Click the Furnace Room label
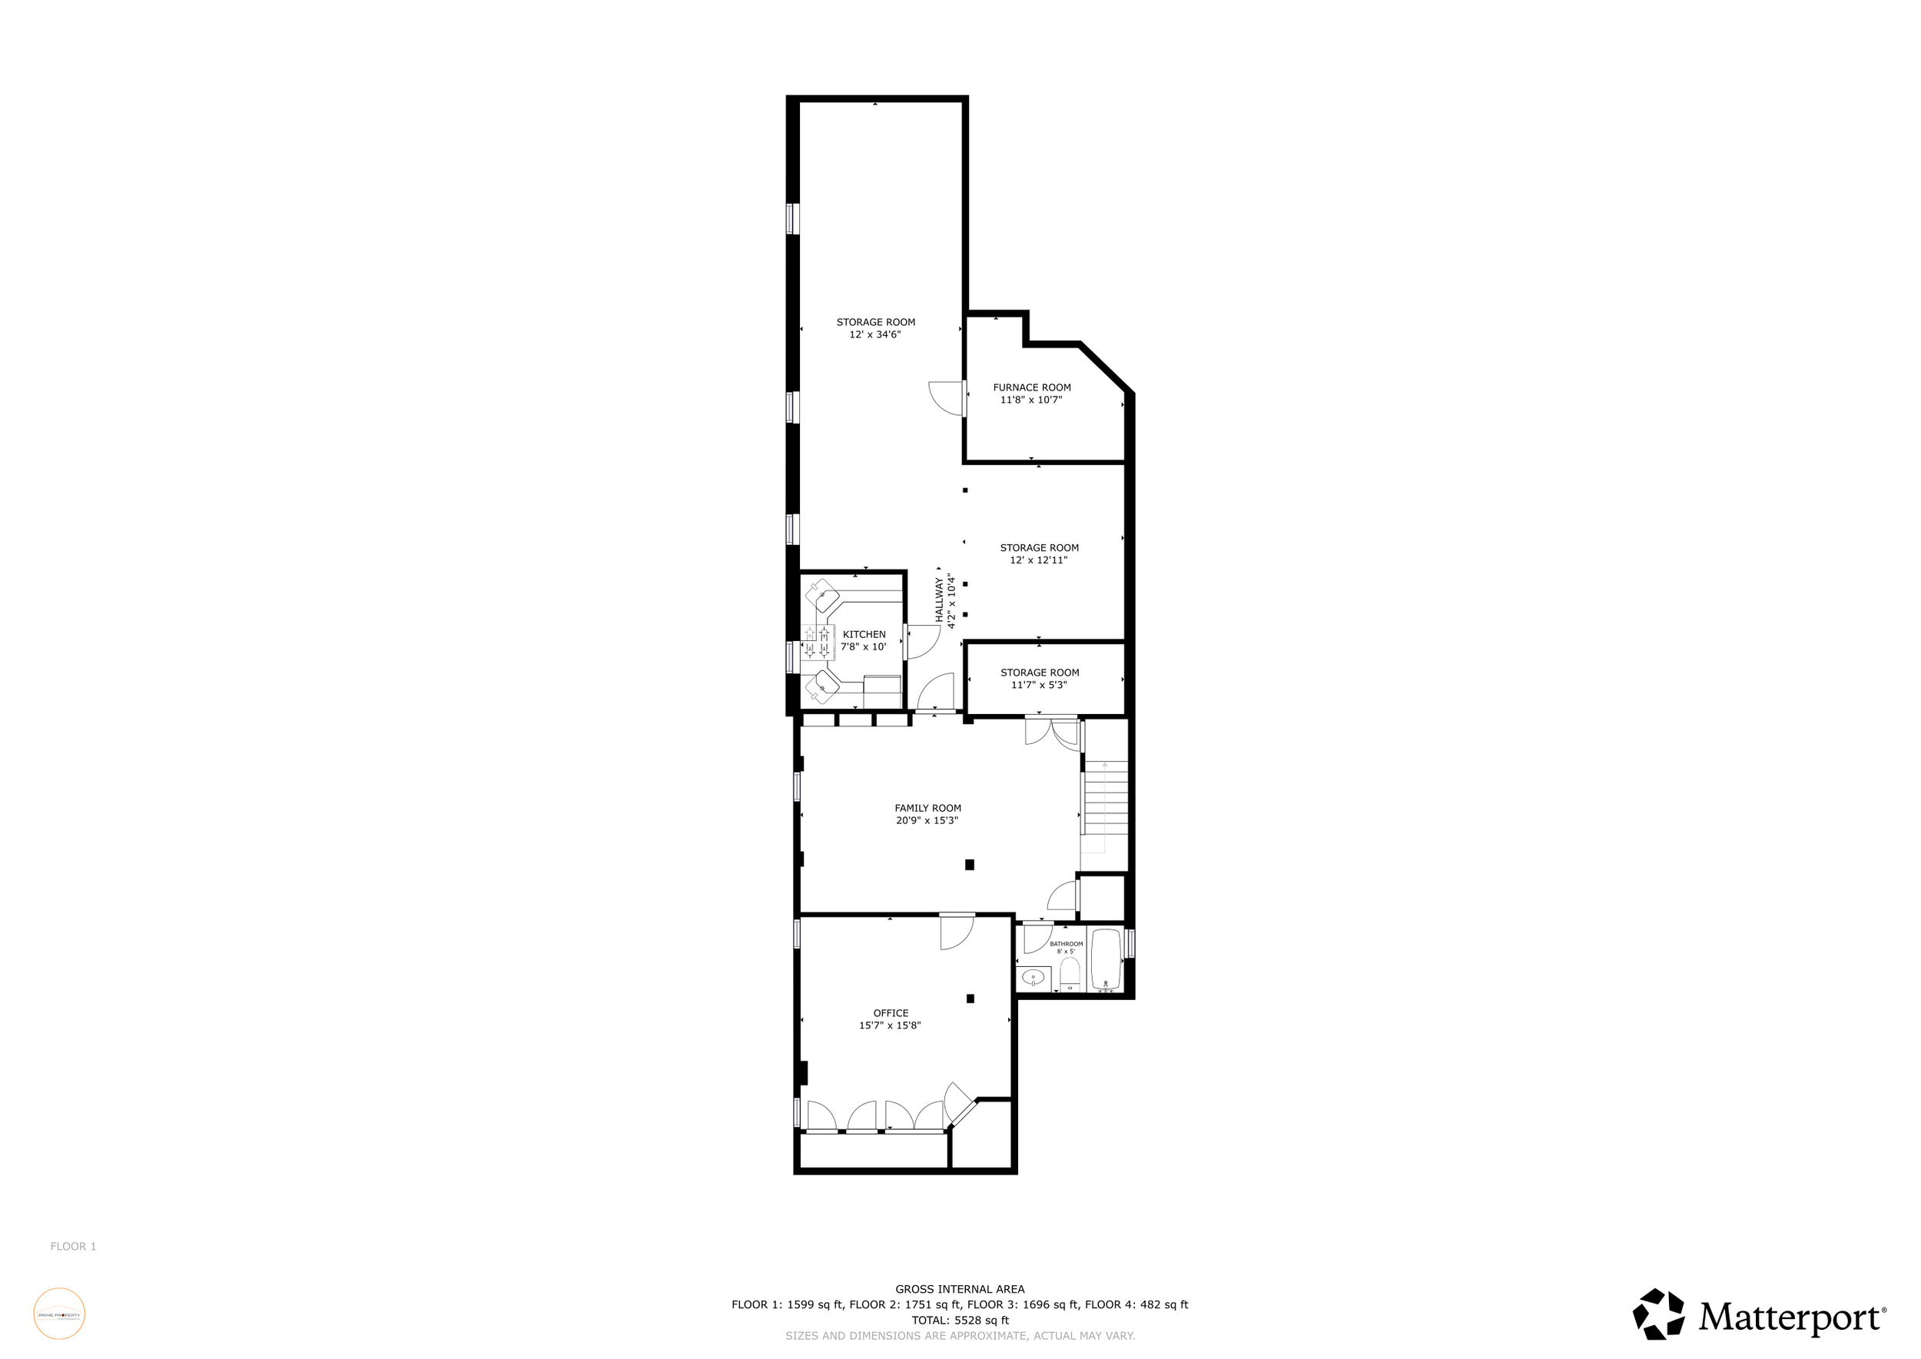pyautogui.click(x=1032, y=387)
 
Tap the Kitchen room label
pyautogui.click(x=864, y=634)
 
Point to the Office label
pyautogui.click(x=891, y=1013)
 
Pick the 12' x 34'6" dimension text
pyautogui.click(x=875, y=334)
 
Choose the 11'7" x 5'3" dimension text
pyautogui.click(x=1039, y=686)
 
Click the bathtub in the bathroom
pyautogui.click(x=1105, y=959)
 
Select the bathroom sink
pyautogui.click(x=1033, y=979)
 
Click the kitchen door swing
pyautogui.click(x=921, y=642)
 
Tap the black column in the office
pyautogui.click(x=970, y=998)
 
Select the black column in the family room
pyautogui.click(x=970, y=865)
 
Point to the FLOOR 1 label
pyautogui.click(x=74, y=1246)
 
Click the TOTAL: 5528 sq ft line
pyautogui.click(x=960, y=1321)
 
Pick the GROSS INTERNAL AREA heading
pyautogui.click(x=960, y=1290)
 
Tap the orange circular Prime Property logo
pyautogui.click(x=59, y=1314)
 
